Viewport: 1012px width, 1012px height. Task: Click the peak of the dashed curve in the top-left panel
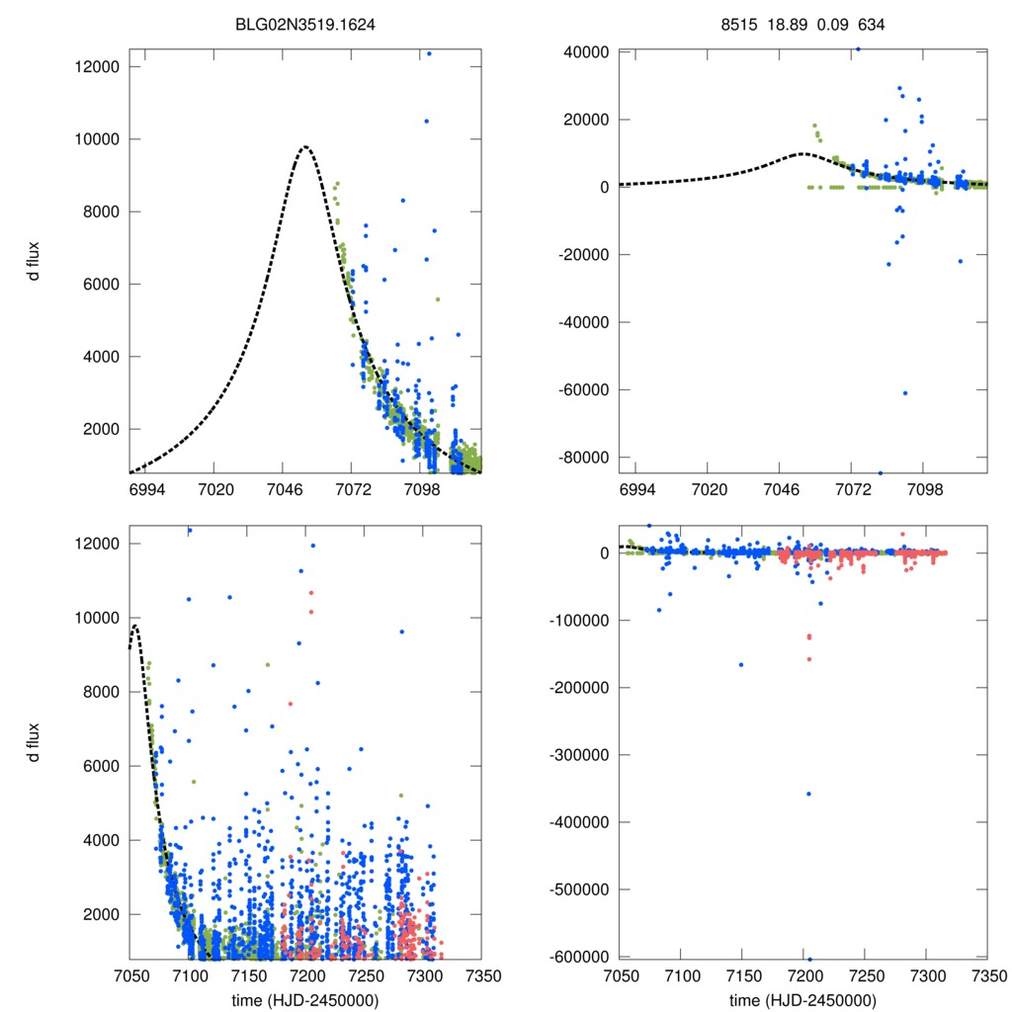305,147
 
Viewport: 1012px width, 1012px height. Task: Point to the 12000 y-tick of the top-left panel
98,66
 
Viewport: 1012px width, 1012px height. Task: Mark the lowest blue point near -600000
809,959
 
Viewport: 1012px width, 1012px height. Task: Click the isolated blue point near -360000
808,794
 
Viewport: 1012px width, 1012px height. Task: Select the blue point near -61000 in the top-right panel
904,393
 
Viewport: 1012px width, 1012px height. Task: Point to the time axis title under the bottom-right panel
801,1000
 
